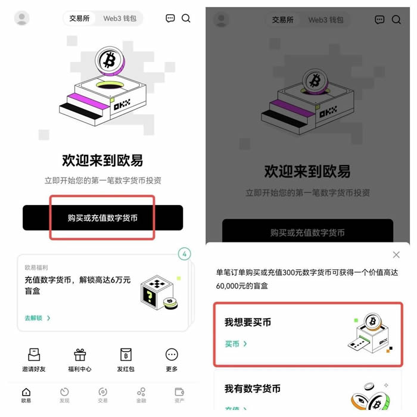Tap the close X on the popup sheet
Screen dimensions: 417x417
tap(396, 255)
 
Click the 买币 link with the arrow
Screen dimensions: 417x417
tap(236, 344)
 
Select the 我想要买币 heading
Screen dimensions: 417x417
tap(248, 322)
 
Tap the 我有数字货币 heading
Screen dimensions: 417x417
tap(253, 388)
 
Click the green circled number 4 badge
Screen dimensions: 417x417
tap(185, 254)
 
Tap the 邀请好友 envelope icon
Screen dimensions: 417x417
tap(34, 354)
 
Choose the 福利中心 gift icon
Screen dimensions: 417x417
tap(80, 354)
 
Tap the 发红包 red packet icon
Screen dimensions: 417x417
tap(126, 354)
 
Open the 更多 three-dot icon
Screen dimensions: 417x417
tap(172, 354)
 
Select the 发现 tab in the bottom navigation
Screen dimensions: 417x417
tap(64, 394)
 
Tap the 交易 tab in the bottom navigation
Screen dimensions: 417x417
tap(102, 394)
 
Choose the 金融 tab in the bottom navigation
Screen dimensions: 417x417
tap(141, 394)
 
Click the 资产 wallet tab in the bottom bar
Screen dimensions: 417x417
tap(179, 394)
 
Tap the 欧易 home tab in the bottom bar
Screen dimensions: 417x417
tap(26, 394)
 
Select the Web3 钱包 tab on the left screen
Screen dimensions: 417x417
tap(120, 18)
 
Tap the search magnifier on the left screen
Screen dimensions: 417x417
tap(186, 18)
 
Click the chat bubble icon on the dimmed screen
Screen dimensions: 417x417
tap(379, 20)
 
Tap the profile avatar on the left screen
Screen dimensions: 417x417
tap(22, 18)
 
